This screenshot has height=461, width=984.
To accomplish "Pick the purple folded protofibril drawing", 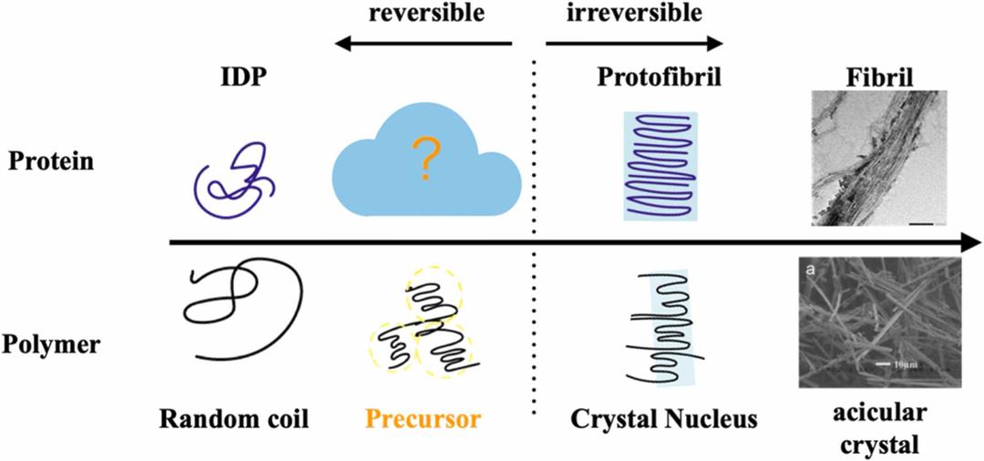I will [661, 167].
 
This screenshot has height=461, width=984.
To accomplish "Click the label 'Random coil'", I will [235, 420].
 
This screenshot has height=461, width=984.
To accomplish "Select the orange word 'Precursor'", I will [423, 420].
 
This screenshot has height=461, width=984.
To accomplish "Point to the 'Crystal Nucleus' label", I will [664, 420].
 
